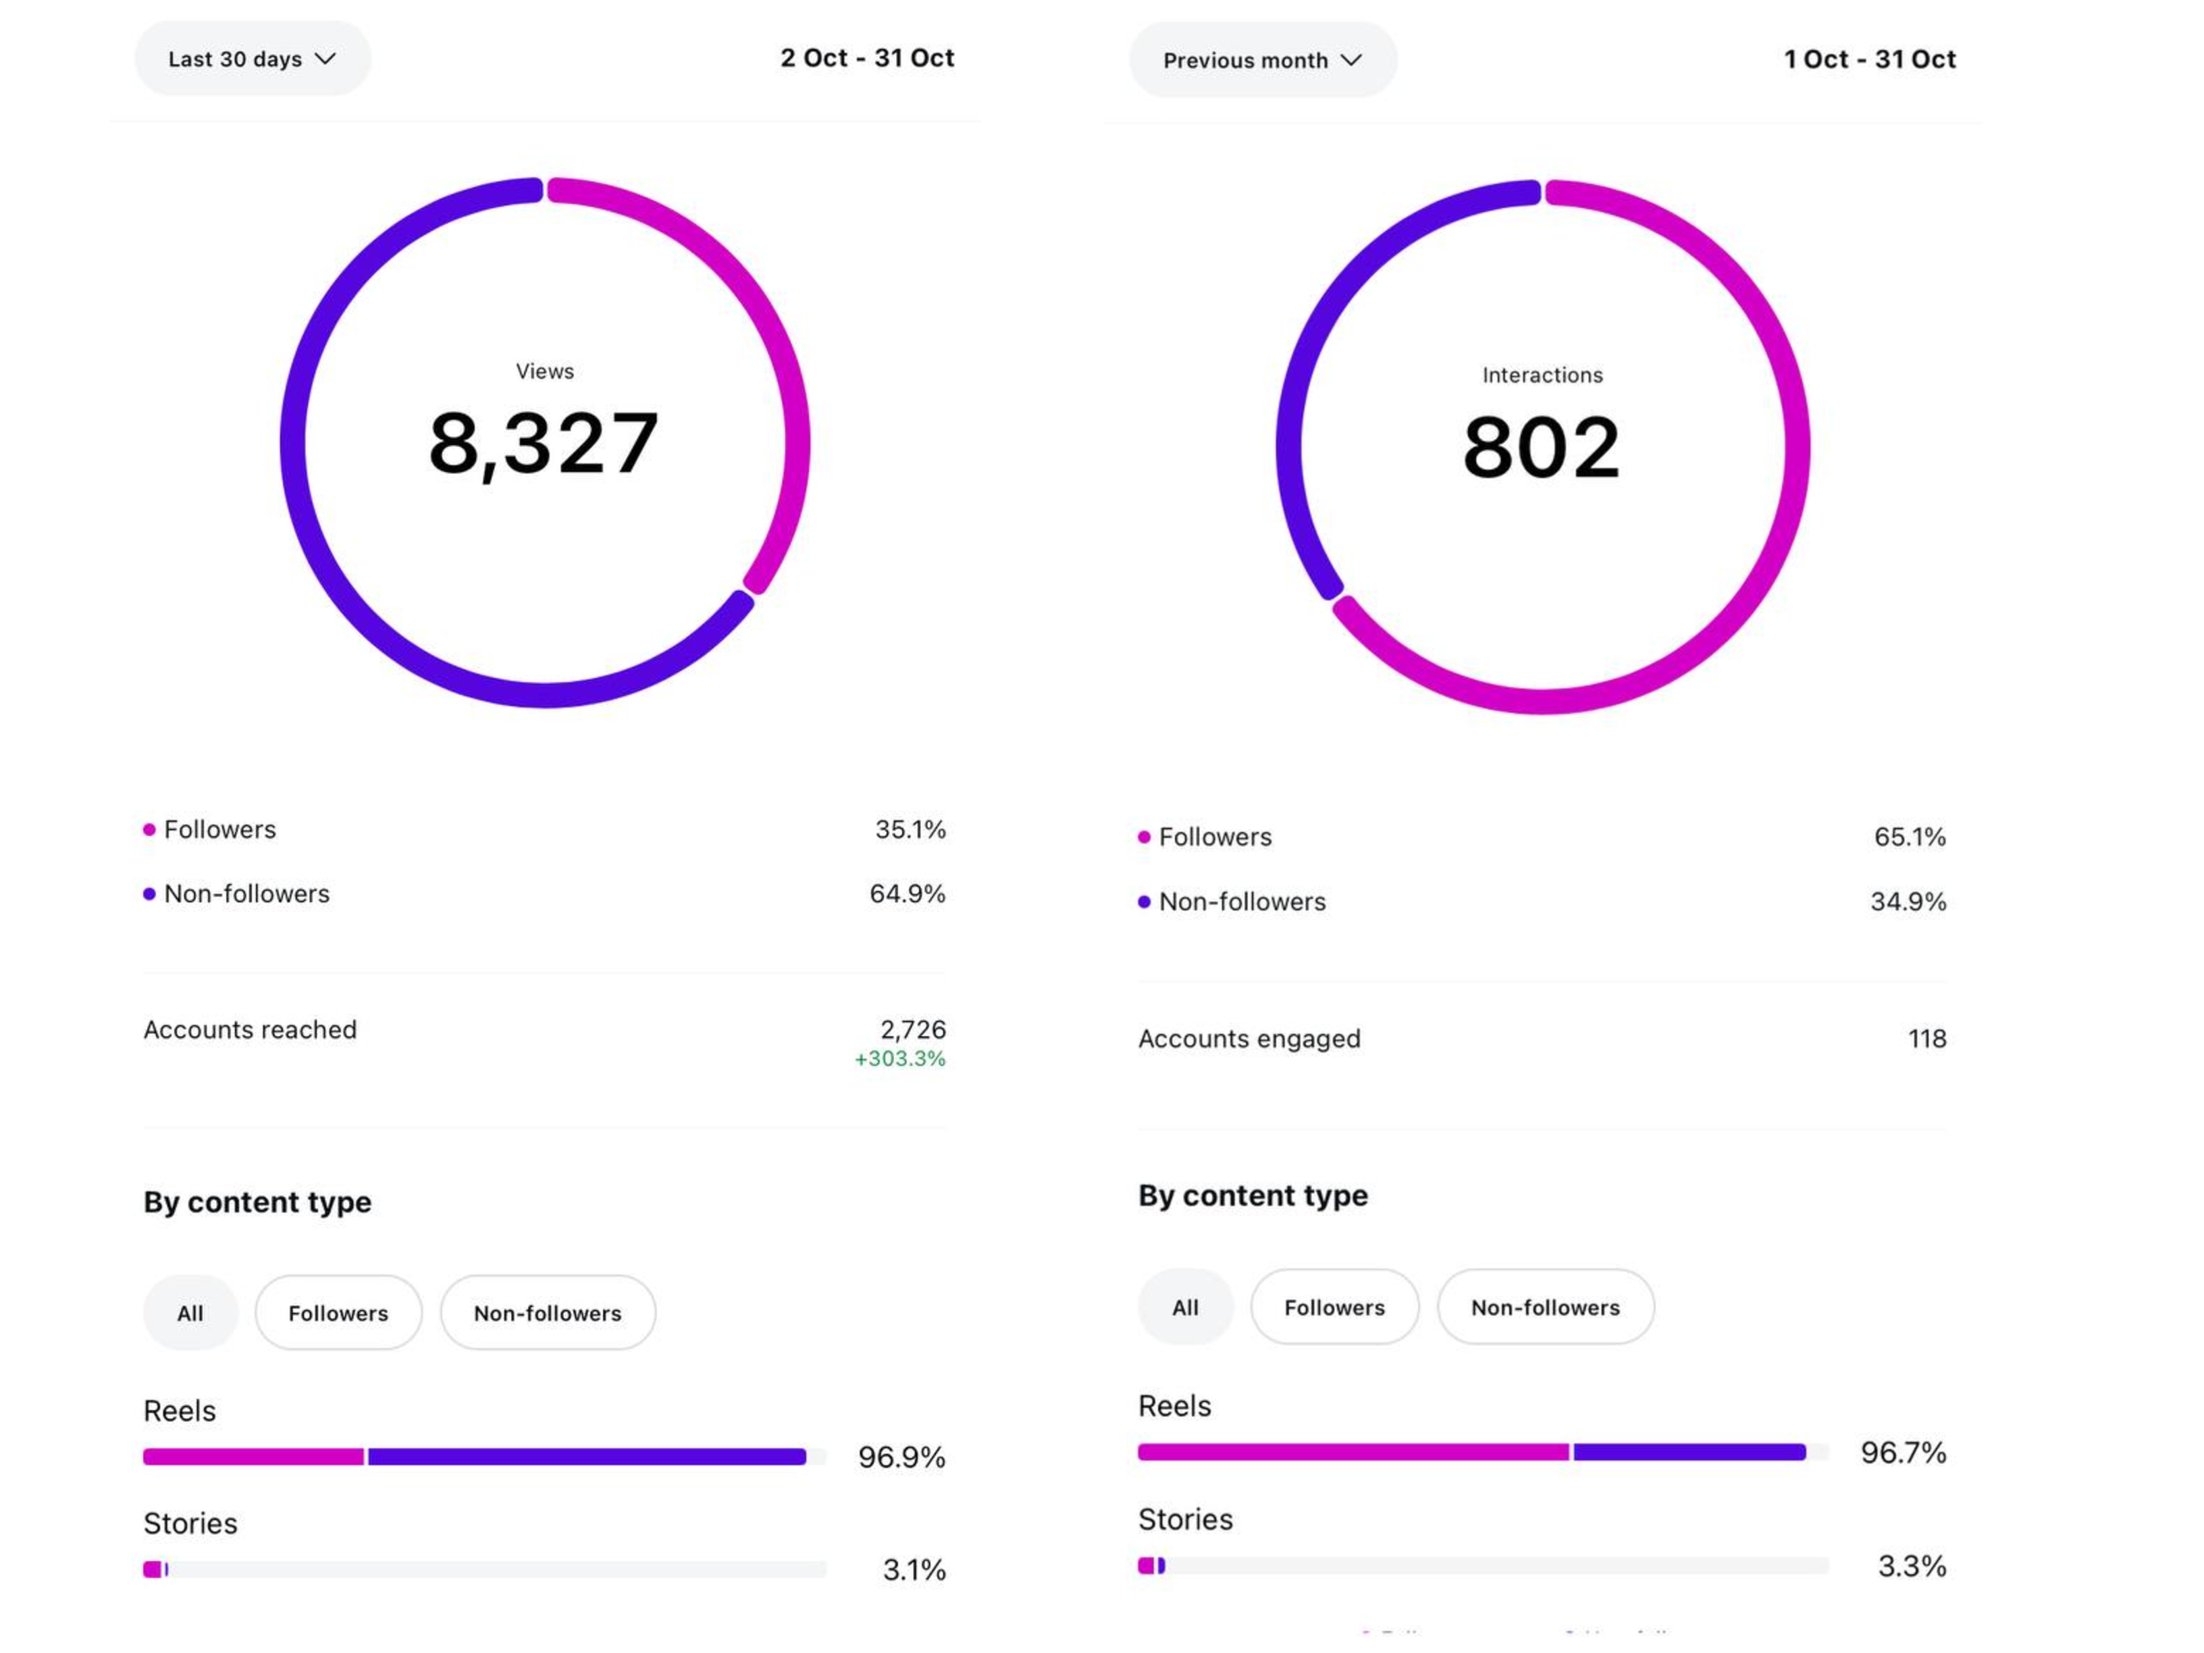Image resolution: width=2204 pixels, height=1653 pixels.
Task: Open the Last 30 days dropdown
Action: pyautogui.click(x=252, y=59)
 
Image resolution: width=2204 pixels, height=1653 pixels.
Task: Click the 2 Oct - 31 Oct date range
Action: pyautogui.click(x=867, y=58)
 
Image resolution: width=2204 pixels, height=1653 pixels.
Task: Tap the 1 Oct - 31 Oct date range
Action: pyautogui.click(x=1869, y=60)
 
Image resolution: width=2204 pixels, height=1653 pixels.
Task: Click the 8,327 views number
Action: pyautogui.click(x=544, y=444)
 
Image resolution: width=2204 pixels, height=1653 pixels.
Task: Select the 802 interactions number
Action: pyautogui.click(x=1542, y=448)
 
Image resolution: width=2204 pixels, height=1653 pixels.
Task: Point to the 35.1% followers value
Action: pyautogui.click(x=910, y=829)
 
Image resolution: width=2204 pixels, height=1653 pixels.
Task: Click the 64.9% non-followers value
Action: pyautogui.click(x=907, y=894)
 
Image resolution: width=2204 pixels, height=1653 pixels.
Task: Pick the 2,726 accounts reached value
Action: pyautogui.click(x=913, y=1029)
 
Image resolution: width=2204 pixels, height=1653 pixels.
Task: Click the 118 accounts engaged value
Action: pyautogui.click(x=1926, y=1039)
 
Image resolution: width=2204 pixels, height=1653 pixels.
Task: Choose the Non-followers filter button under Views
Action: pyautogui.click(x=547, y=1313)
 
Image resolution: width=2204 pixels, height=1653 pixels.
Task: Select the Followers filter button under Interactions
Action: pyautogui.click(x=1334, y=1307)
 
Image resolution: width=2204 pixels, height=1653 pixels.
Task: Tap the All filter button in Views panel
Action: pyautogui.click(x=190, y=1313)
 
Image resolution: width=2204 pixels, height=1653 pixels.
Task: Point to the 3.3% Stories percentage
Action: pyautogui.click(x=1911, y=1565)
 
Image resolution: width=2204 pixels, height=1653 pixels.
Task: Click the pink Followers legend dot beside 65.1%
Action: pyautogui.click(x=1144, y=837)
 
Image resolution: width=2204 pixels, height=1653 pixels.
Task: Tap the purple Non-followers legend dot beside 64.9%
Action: pyautogui.click(x=149, y=894)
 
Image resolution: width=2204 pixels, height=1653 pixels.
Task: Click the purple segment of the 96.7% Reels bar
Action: pyautogui.click(x=1689, y=1452)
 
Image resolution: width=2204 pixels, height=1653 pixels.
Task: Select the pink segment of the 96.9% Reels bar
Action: pyautogui.click(x=253, y=1457)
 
